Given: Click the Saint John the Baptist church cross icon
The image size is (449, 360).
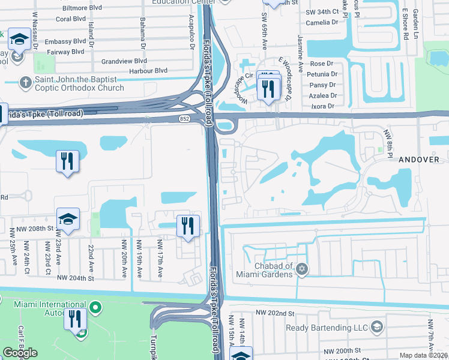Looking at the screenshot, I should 26,82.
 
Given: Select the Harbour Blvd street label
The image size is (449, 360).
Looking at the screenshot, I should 148,70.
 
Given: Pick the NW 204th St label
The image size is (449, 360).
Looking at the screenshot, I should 76,278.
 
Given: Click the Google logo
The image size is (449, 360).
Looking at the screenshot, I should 20,353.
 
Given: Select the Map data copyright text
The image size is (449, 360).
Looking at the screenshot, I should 424,355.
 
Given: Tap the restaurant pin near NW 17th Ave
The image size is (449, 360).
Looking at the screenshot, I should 188,226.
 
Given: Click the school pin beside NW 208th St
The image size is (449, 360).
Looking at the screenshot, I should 68,219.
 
